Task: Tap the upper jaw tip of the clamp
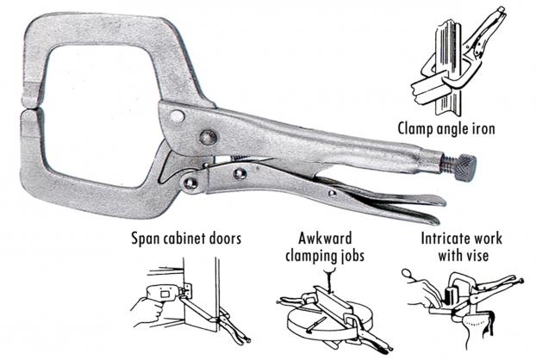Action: (31, 103)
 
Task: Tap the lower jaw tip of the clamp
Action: (30, 115)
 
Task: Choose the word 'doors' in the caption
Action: (225, 238)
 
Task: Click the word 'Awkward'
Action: (325, 238)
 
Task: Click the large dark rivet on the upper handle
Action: (208, 137)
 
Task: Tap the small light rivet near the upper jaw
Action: (177, 116)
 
